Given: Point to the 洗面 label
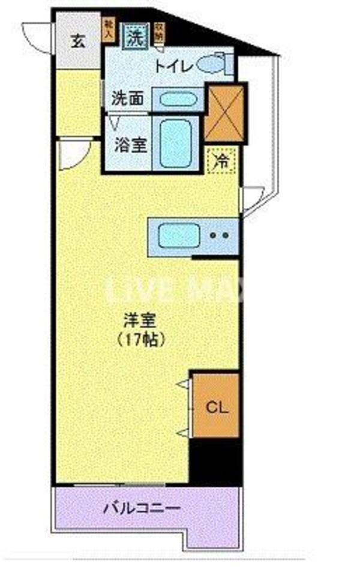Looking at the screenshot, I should (x=128, y=98).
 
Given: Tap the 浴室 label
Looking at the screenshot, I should (x=131, y=145).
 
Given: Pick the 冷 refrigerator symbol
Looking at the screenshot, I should (x=222, y=161).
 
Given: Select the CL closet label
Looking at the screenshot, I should (x=217, y=408).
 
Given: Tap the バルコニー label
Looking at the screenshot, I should (x=142, y=509).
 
